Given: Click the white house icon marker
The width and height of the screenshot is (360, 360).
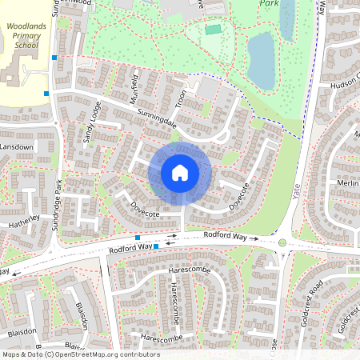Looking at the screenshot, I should point(180,172).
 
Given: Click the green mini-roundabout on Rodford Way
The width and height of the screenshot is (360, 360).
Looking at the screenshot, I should point(282,243).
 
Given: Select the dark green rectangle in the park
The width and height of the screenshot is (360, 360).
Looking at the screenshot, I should point(212,30).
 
